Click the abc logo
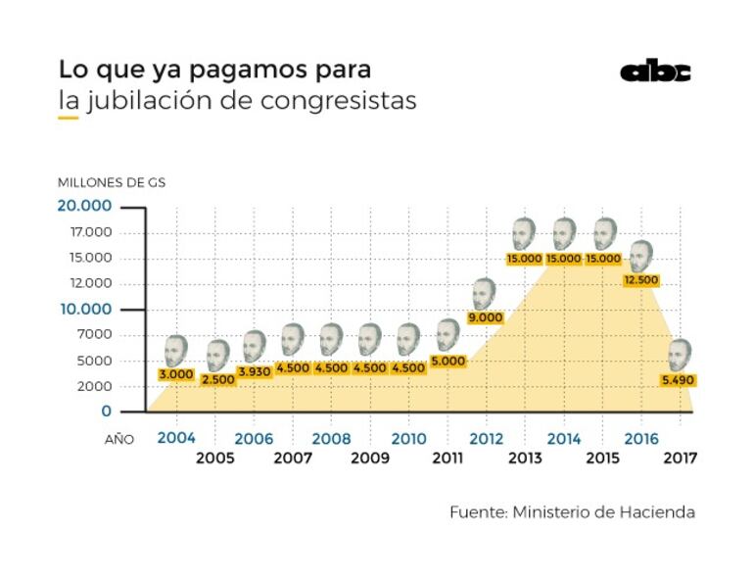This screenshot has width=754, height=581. [655, 72]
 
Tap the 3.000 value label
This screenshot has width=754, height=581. [175, 375]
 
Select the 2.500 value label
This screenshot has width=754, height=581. [216, 379]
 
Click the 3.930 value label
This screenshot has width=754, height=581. [254, 371]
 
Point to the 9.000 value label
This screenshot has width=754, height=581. [485, 317]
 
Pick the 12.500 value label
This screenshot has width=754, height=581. [641, 280]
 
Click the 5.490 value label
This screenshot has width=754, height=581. [678, 379]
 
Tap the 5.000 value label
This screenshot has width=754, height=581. [448, 361]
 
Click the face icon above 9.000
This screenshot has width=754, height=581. [484, 293]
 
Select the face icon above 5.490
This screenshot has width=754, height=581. [679, 354]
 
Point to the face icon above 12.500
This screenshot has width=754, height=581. [641, 256]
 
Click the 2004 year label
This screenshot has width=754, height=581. [176, 438]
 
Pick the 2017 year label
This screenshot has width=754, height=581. [680, 458]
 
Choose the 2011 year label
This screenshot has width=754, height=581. [448, 458]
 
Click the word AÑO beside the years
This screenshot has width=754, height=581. [119, 440]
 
